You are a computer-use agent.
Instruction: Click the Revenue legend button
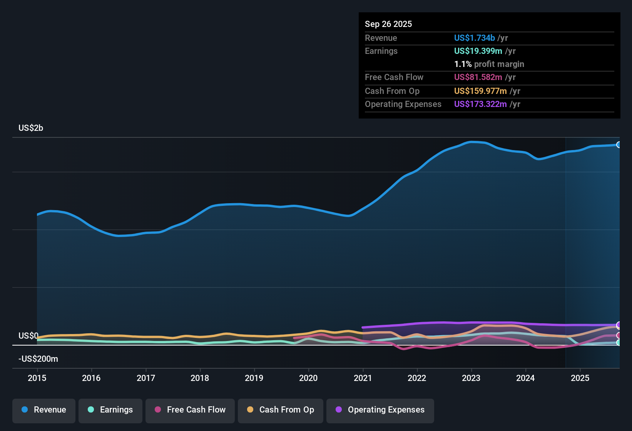(44, 410)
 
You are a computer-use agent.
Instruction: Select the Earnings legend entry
(110, 410)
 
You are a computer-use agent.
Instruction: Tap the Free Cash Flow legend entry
(190, 410)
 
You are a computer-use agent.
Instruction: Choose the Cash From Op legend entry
(281, 410)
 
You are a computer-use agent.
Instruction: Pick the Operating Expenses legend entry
(380, 410)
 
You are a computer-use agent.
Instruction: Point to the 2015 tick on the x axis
(37, 378)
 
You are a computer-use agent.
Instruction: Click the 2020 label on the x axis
(308, 378)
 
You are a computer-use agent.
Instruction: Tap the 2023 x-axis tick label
(471, 378)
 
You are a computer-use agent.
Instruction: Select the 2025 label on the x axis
(580, 378)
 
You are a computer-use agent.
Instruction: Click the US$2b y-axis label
(31, 128)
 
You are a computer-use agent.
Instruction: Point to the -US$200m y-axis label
(38, 359)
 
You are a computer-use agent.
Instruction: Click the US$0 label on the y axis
(28, 336)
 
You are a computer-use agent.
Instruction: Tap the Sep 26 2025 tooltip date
(388, 24)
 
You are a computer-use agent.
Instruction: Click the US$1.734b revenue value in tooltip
(474, 38)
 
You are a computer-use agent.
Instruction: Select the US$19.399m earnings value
(478, 51)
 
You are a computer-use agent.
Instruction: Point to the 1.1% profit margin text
(489, 64)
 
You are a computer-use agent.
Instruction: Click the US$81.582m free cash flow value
(478, 77)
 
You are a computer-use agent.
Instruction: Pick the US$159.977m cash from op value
(480, 91)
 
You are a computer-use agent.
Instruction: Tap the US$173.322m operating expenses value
(480, 104)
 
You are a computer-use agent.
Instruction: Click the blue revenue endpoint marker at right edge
(619, 145)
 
